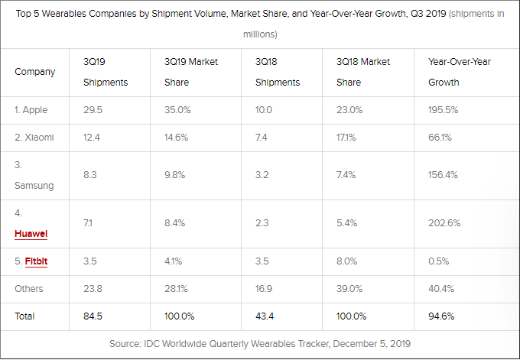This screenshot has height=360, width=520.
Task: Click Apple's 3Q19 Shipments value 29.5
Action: pos(93,109)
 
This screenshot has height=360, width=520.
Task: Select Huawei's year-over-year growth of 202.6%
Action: pos(444,224)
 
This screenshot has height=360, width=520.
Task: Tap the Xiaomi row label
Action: pos(33,138)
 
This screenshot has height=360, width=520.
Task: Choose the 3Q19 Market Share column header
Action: pos(190,72)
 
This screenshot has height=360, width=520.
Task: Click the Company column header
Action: pos(35,72)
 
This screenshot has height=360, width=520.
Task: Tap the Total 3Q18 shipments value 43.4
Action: pos(266,316)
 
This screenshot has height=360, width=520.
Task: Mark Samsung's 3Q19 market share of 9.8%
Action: pos(175,175)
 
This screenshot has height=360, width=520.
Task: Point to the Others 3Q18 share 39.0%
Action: pos(348,288)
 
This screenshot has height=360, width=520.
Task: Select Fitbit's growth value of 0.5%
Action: pos(439,261)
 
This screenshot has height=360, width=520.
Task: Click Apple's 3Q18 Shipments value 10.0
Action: pos(265,109)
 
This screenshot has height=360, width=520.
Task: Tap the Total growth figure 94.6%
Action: pos(441,316)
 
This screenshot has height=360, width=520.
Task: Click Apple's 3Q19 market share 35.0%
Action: pos(177,109)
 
